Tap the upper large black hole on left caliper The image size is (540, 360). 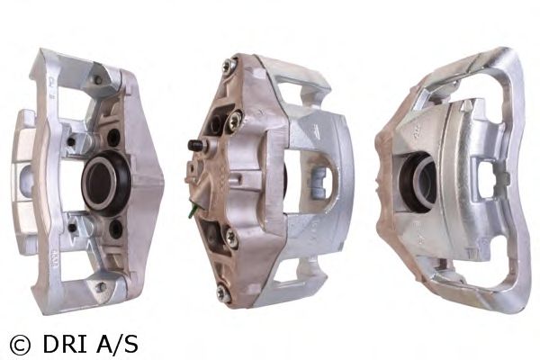[113, 138]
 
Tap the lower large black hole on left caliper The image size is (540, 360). [115, 229]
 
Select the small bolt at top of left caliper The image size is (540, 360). [98, 80]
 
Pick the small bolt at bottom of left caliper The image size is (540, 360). [101, 286]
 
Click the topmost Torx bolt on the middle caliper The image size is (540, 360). [228, 66]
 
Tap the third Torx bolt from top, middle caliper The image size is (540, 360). [229, 237]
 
